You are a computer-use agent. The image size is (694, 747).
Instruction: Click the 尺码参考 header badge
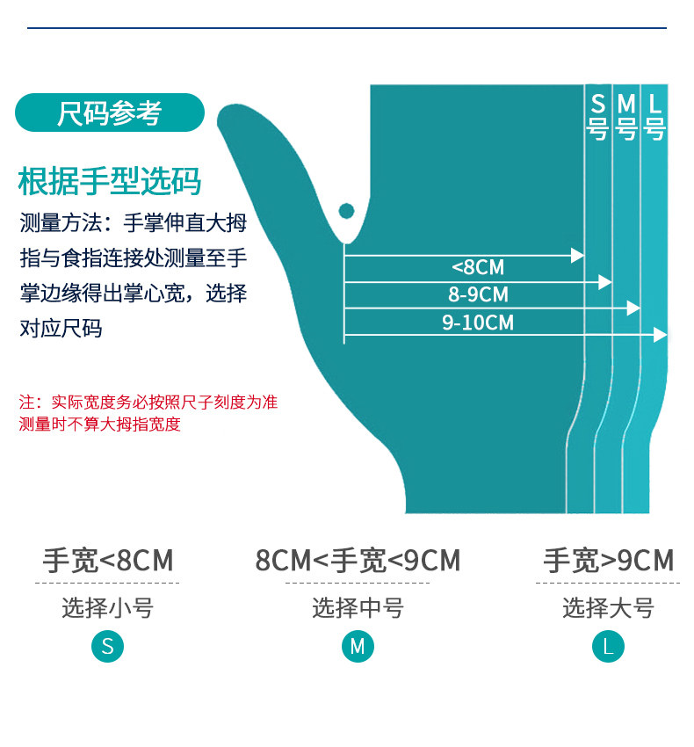click(110, 113)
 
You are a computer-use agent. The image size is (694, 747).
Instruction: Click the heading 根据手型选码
click(110, 181)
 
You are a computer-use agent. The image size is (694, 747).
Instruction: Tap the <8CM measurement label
click(478, 268)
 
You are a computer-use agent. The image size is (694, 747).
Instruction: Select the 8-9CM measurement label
click(478, 295)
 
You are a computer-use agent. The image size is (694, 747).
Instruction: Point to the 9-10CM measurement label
click(478, 323)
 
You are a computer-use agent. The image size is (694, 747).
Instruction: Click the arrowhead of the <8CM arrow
click(577, 256)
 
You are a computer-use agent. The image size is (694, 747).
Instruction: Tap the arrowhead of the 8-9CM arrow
click(604, 282)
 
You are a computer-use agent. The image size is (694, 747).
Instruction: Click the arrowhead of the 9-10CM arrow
click(633, 308)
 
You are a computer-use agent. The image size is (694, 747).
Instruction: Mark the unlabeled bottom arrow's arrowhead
click(661, 335)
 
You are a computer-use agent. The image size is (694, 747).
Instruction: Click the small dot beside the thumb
click(346, 211)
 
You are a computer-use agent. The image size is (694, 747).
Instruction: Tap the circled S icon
click(108, 648)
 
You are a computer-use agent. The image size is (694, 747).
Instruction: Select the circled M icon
click(358, 648)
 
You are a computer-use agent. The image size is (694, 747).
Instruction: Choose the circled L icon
click(608, 648)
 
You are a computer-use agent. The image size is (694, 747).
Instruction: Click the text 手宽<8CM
click(108, 561)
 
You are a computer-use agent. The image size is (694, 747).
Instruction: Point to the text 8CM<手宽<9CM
click(358, 561)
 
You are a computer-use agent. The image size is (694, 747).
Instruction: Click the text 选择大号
click(608, 607)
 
